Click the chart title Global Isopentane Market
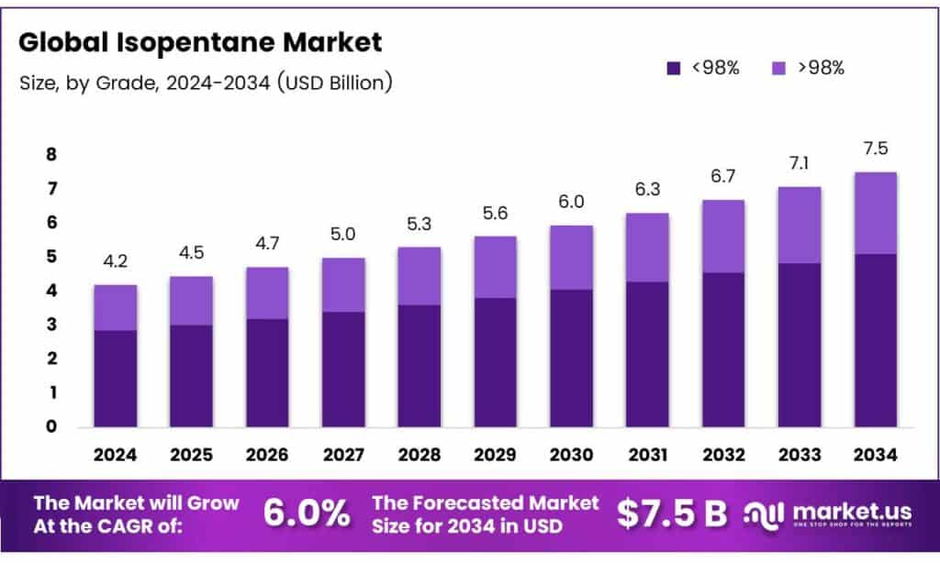point(200,42)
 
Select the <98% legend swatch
point(673,67)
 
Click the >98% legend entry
point(807,67)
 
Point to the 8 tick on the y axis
point(51,155)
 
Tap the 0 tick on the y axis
point(51,426)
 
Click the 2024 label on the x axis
point(115,454)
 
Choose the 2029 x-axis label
point(495,454)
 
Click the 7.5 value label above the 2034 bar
point(875,149)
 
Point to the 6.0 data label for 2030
point(571,202)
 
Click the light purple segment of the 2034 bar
point(875,213)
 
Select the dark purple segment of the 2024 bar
point(115,378)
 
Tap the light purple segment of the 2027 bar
point(343,284)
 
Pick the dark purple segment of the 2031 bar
point(647,354)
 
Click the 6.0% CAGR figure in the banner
point(307,513)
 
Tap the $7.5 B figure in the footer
point(671,513)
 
